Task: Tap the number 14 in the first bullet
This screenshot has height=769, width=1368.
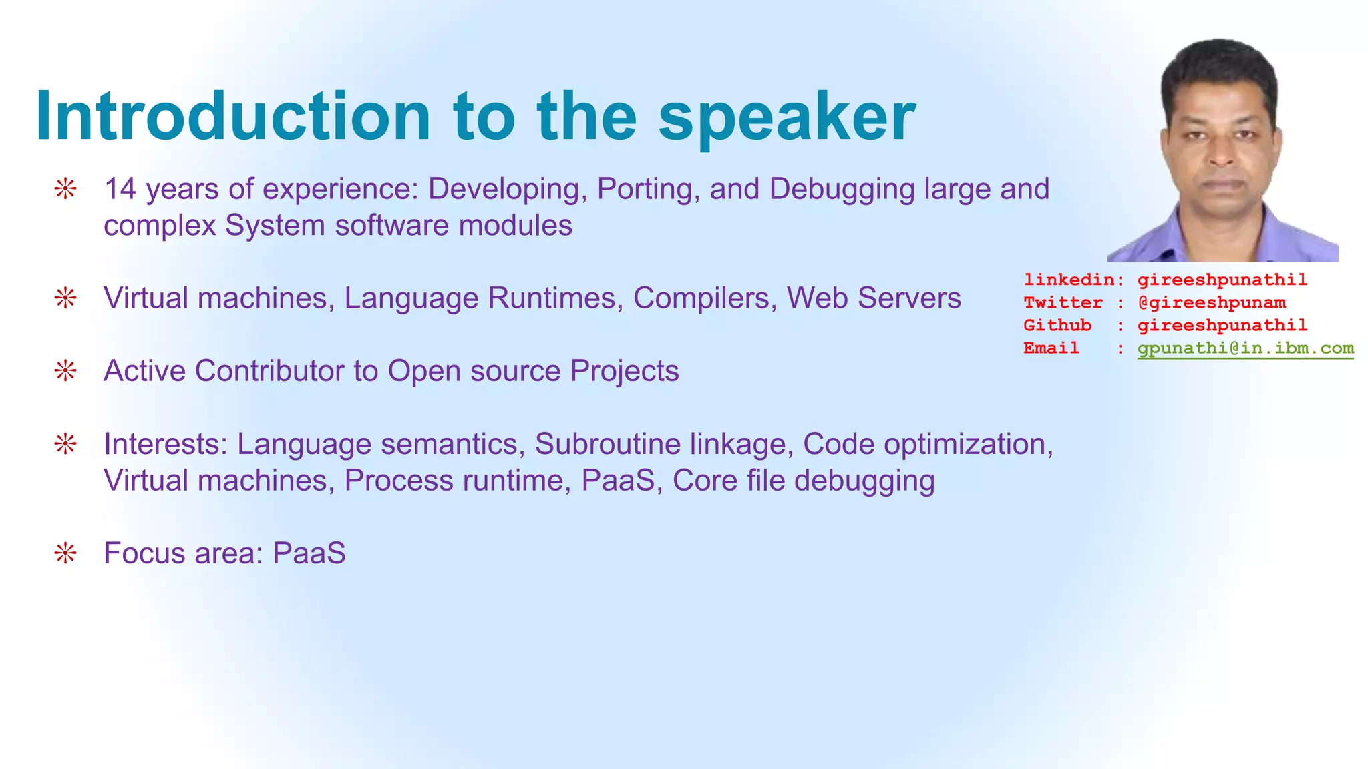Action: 120,189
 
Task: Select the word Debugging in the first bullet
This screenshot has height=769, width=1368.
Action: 842,189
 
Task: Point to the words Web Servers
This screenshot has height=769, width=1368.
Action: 874,298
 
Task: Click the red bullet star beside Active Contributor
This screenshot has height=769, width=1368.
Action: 65,371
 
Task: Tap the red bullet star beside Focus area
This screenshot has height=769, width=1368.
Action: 65,553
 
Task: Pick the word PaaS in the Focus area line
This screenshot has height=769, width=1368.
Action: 309,553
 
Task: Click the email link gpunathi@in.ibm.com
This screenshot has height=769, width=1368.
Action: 1245,348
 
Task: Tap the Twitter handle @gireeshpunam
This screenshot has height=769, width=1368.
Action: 1211,303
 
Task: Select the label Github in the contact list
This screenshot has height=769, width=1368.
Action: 1057,326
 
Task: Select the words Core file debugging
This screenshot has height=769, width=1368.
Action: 803,481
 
